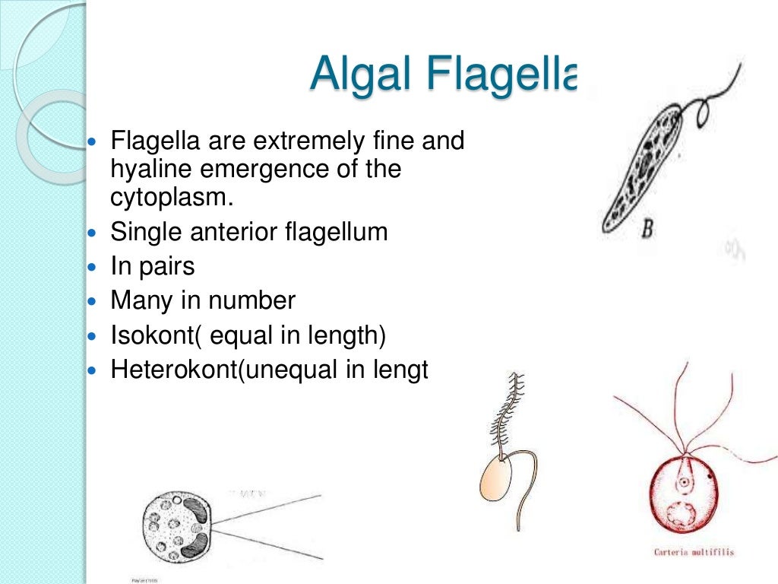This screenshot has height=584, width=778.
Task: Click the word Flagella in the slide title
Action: point(501,74)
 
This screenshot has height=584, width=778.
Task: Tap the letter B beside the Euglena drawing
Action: point(647,228)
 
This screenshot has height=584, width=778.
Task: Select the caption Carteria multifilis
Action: point(694,551)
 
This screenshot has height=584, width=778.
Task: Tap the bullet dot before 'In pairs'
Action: point(93,268)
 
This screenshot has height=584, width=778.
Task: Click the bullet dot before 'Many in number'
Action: point(93,302)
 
